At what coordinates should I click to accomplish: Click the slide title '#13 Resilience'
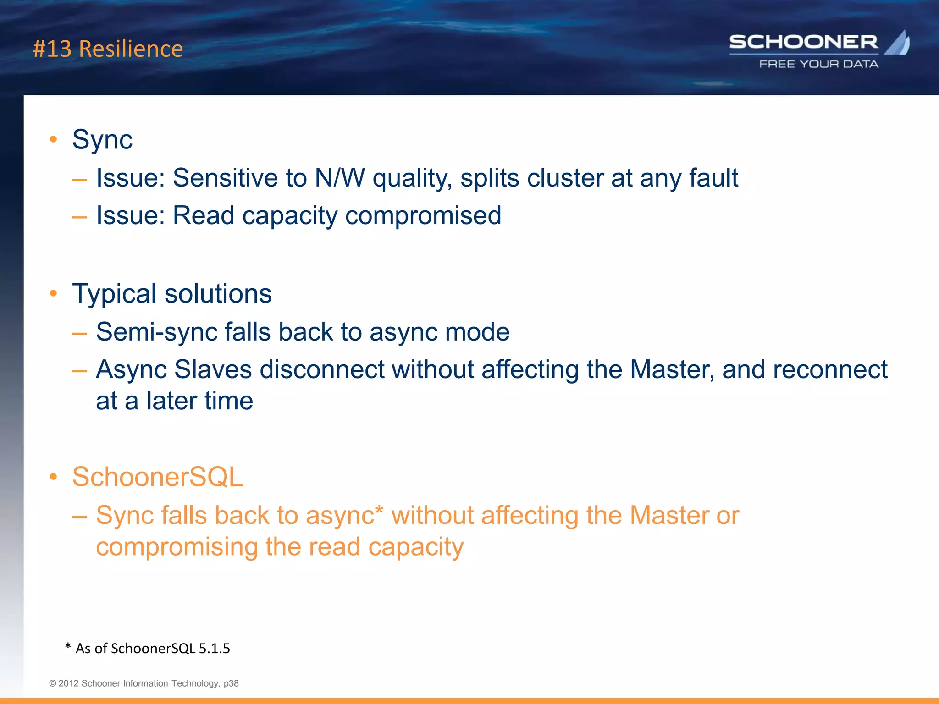point(108,49)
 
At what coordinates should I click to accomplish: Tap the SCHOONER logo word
point(803,42)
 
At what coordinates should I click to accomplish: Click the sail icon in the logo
point(897,44)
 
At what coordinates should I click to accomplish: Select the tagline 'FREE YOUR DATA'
point(819,64)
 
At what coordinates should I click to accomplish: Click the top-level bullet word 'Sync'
point(102,139)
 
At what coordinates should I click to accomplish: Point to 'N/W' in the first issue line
point(340,178)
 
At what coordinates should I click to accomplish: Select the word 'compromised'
point(423,215)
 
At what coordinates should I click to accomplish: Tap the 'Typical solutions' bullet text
point(172,293)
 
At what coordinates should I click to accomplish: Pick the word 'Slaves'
point(213,369)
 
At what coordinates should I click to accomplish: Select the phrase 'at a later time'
point(174,401)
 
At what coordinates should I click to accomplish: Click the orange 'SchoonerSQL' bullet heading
point(157,477)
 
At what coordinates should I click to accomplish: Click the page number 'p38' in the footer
point(231,683)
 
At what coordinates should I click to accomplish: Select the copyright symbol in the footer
point(53,683)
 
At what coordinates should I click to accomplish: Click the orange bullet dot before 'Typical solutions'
point(54,293)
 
